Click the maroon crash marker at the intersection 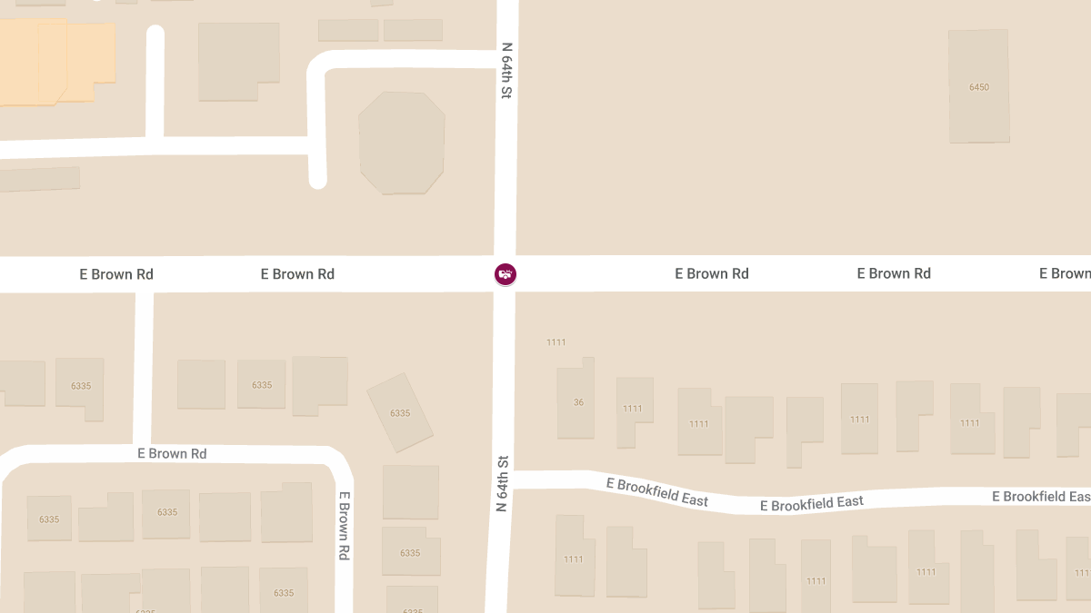[x=505, y=273]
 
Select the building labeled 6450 [x=979, y=87]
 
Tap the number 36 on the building [x=578, y=402]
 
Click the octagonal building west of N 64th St [x=402, y=143]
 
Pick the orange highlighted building [x=55, y=62]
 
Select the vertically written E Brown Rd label [x=345, y=526]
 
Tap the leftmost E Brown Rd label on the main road [x=116, y=274]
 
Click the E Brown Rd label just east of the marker [x=712, y=273]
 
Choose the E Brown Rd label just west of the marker [x=297, y=274]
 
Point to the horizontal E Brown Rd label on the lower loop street [x=172, y=453]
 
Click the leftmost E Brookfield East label [x=656, y=491]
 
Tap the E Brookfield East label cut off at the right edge [x=1040, y=497]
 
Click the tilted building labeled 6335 [x=400, y=413]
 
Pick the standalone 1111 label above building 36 [x=556, y=342]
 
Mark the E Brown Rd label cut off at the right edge [x=1065, y=273]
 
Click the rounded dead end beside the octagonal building [x=317, y=180]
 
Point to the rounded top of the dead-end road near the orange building [x=155, y=35]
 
